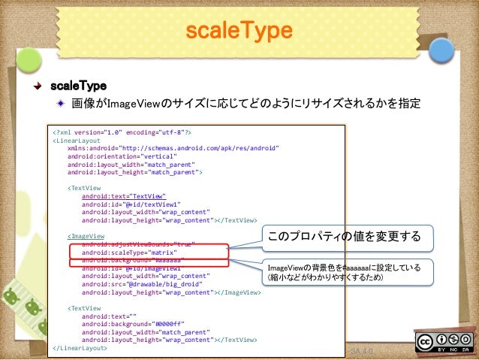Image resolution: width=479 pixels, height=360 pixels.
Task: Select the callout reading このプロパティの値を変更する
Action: pyautogui.click(x=348, y=237)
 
